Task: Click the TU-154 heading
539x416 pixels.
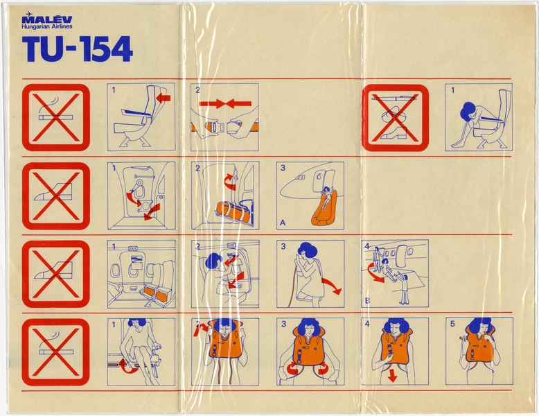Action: coord(77,50)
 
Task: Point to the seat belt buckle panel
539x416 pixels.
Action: coord(224,117)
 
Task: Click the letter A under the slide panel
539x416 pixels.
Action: coord(283,223)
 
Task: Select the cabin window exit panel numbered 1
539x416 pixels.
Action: coord(141,274)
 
